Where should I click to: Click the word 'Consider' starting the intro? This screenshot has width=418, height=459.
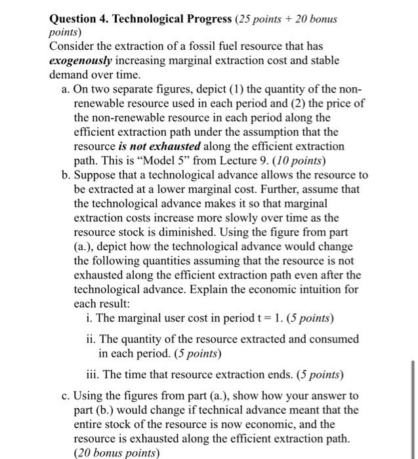pyautogui.click(x=72, y=47)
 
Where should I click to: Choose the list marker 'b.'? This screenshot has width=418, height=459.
pyautogui.click(x=66, y=176)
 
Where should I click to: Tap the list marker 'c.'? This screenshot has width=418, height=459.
pyautogui.click(x=66, y=395)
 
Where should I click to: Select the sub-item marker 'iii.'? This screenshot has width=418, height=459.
pyautogui.click(x=95, y=376)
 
